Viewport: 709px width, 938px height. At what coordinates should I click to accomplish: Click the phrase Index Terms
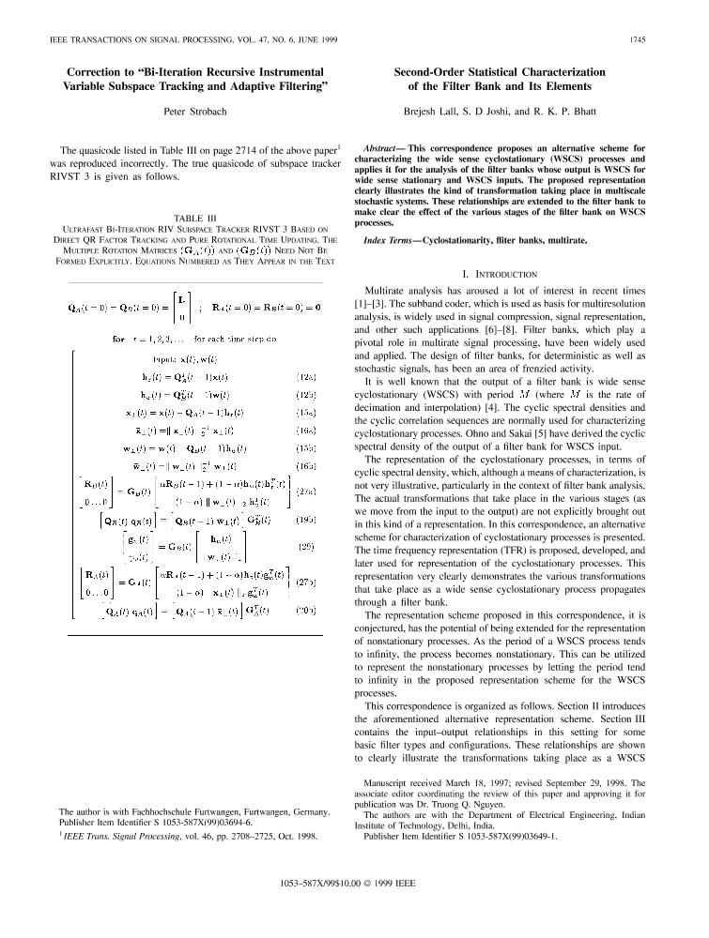(x=390, y=241)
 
